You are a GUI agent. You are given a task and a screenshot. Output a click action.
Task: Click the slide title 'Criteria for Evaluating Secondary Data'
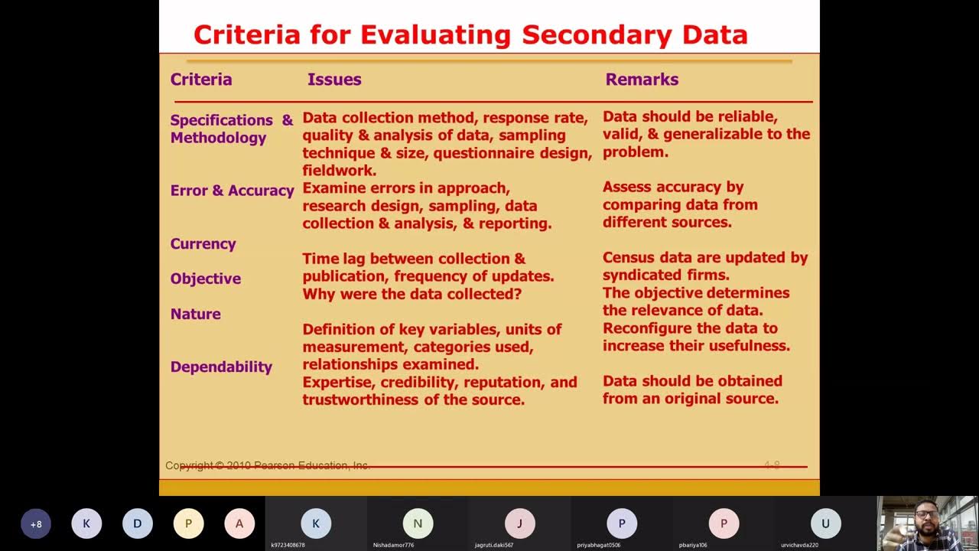[x=470, y=34]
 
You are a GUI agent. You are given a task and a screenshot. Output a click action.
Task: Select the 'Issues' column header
[x=334, y=79]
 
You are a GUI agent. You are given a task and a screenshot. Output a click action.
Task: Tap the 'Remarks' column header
[x=642, y=79]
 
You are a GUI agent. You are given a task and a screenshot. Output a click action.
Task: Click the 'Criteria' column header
[x=201, y=79]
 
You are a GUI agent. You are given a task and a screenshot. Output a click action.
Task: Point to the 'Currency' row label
[x=203, y=244]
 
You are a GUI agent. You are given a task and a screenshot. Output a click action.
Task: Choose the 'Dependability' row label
[x=221, y=367]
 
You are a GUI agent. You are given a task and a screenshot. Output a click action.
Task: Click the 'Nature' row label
[x=195, y=314]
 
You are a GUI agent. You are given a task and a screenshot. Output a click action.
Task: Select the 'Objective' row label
[x=205, y=279]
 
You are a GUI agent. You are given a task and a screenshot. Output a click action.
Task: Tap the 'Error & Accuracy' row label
[x=232, y=191]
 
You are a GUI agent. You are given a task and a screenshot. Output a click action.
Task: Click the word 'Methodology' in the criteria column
[x=218, y=138]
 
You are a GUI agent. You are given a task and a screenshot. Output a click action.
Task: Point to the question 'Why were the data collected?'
[x=411, y=294]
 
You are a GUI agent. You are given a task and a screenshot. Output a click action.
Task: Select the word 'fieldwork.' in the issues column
[x=339, y=171]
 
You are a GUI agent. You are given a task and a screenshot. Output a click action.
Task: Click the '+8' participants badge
[x=36, y=524]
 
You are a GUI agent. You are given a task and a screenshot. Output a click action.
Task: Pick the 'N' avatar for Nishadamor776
[x=418, y=523]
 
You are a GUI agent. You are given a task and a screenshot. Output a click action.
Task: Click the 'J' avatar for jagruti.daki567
[x=519, y=523]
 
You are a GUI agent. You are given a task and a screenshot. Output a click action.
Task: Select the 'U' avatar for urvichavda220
[x=825, y=523]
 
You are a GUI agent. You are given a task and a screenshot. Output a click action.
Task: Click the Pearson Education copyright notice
[x=268, y=465]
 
